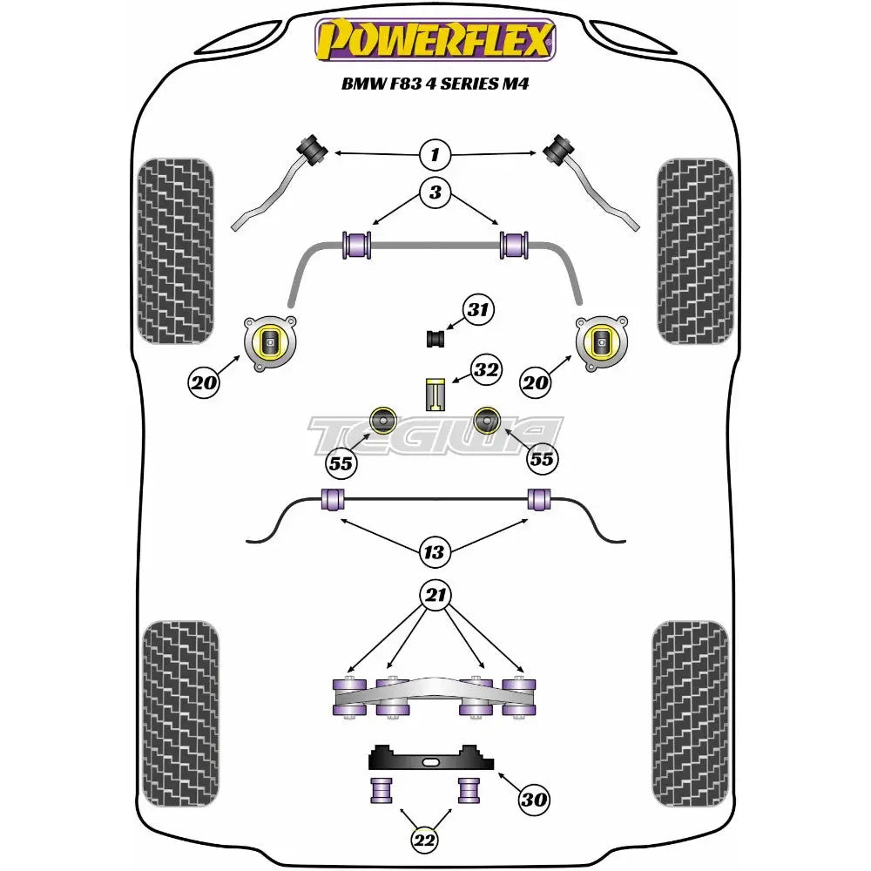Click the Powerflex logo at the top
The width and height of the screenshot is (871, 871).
tap(435, 40)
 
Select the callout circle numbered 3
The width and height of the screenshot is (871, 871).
tap(435, 192)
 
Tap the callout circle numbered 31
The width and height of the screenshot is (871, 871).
tap(477, 309)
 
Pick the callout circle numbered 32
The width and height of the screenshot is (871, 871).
tap(486, 370)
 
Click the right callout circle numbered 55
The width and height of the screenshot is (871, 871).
tap(542, 459)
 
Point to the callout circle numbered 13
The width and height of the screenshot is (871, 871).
tap(434, 552)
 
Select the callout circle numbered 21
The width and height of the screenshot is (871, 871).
tap(435, 596)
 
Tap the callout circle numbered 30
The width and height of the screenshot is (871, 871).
tap(534, 798)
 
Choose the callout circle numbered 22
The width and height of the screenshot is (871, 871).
tap(425, 841)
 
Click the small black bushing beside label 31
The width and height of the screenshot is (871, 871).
tap(435, 336)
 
